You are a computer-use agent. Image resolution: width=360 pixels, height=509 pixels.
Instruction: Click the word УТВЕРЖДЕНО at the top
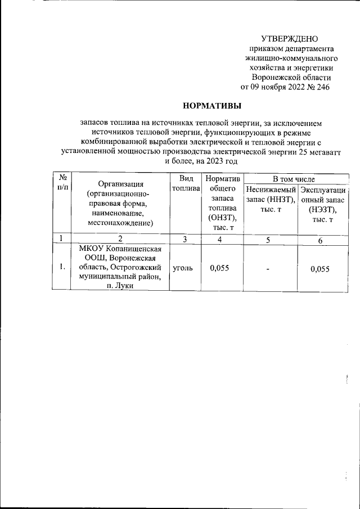[x=290, y=39]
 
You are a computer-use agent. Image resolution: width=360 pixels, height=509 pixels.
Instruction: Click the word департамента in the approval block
[x=308, y=49]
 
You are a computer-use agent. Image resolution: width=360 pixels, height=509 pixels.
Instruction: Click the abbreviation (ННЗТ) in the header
[x=278, y=199]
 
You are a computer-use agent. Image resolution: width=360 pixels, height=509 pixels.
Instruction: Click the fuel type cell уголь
[x=183, y=268]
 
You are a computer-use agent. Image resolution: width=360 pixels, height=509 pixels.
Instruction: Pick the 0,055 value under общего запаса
[x=219, y=268]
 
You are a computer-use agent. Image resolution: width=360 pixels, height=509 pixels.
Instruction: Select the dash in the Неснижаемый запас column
[x=269, y=269]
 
